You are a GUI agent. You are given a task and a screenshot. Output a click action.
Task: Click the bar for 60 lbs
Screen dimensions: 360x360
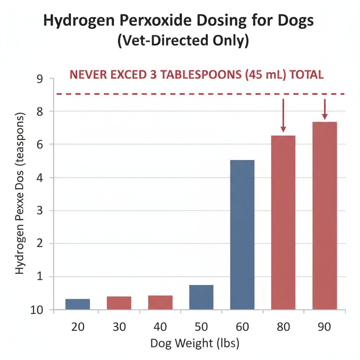(242, 234)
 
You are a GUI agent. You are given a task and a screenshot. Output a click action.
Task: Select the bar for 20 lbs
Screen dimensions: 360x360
(78, 304)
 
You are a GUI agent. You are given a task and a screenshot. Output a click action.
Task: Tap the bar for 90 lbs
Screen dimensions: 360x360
(324, 216)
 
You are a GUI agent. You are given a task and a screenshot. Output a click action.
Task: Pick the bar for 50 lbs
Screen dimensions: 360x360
(201, 297)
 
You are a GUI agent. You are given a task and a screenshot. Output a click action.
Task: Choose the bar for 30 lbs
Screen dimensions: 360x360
(119, 303)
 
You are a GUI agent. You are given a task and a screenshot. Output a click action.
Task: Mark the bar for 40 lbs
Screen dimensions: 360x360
(160, 302)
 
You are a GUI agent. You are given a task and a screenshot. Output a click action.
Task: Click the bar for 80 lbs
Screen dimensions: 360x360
(283, 222)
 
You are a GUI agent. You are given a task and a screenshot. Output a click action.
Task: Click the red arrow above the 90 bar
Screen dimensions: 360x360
(324, 109)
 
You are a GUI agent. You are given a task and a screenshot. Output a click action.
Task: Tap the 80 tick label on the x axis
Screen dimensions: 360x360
(283, 327)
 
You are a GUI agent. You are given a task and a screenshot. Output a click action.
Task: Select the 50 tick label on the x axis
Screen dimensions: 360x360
(201, 327)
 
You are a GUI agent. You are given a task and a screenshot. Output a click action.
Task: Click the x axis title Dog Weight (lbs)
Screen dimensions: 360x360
(194, 343)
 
